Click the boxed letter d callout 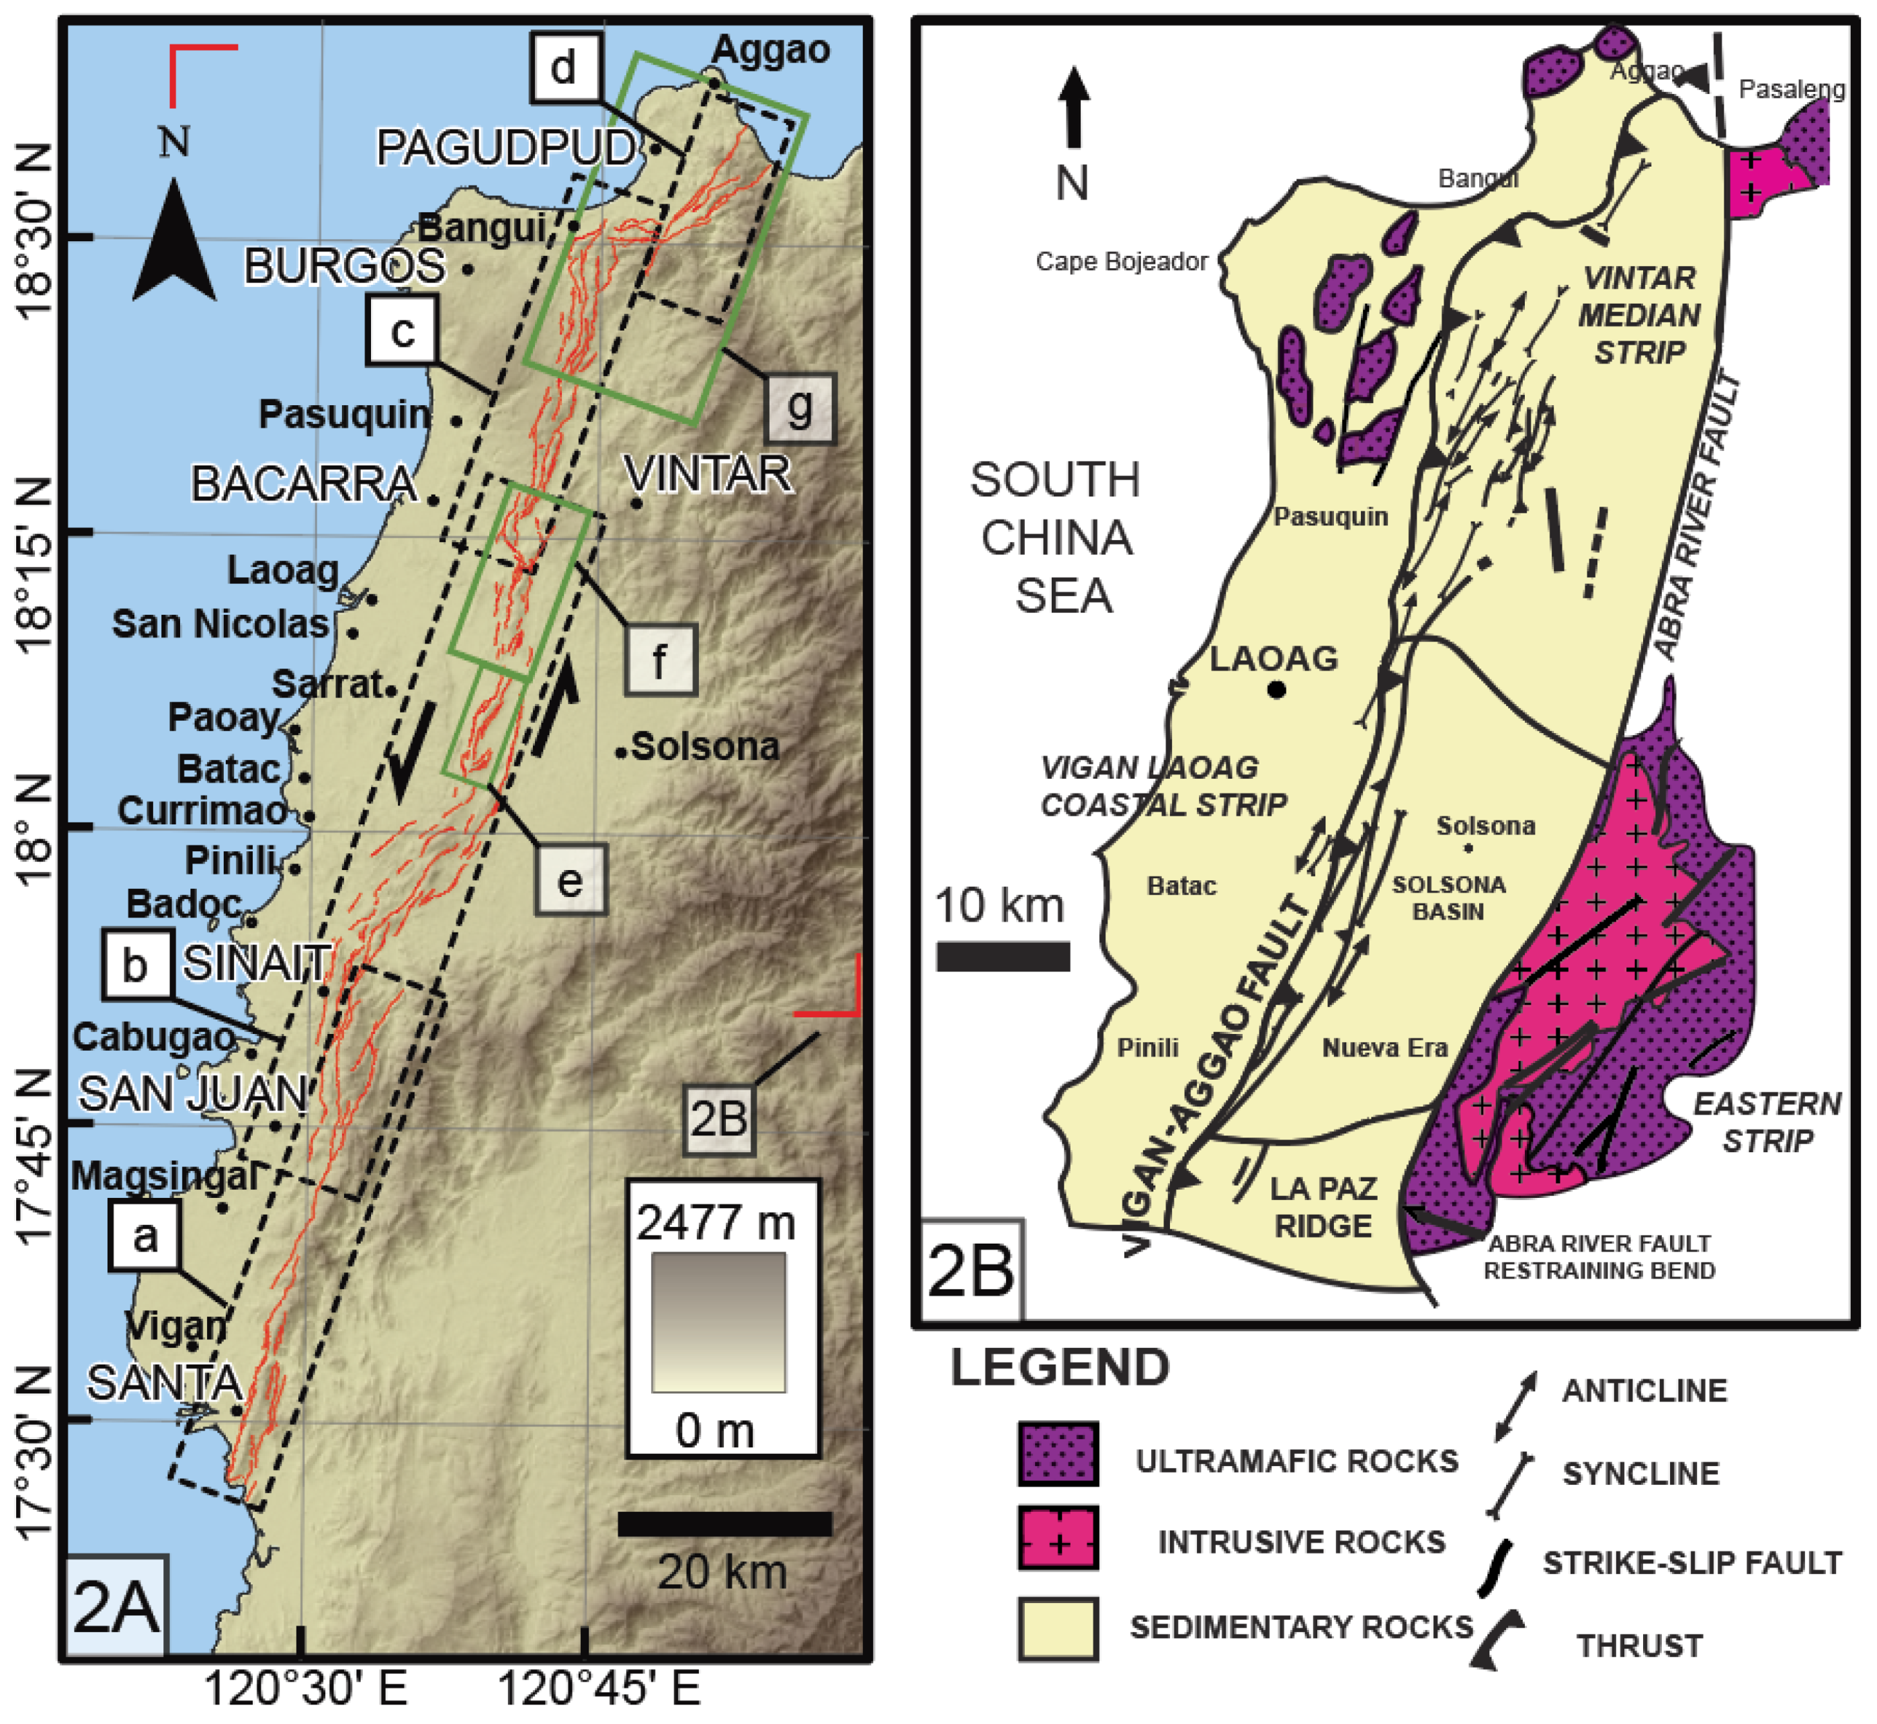(x=563, y=67)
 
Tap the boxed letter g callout (x=800, y=408)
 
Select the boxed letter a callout (x=144, y=1236)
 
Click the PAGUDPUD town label (x=505, y=147)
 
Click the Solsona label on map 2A (x=705, y=746)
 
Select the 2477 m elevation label (x=716, y=1222)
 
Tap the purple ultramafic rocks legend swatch (x=1058, y=1453)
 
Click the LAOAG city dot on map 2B (x=1276, y=691)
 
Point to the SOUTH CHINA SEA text (x=1056, y=538)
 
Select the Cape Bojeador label (x=1122, y=261)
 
